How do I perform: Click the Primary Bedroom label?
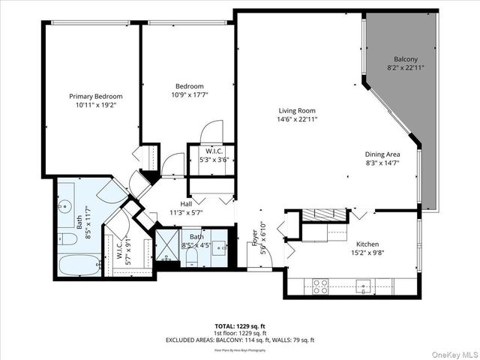point(95,96)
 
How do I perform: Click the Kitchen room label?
point(367,244)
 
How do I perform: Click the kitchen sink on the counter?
point(364,285)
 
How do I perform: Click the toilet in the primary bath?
point(65,239)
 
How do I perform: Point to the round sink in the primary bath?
point(63,204)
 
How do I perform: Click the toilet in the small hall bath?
point(191,256)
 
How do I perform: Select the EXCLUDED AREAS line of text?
point(240,340)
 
